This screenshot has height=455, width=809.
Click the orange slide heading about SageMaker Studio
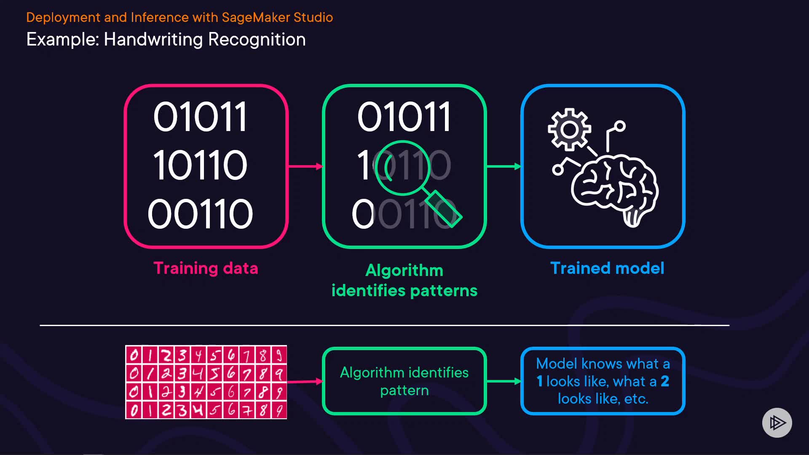pyautogui.click(x=179, y=17)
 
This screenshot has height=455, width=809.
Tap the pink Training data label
pyautogui.click(x=206, y=268)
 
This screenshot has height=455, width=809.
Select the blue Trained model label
pyautogui.click(x=607, y=268)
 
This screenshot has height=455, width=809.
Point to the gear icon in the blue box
pyautogui.click(x=569, y=129)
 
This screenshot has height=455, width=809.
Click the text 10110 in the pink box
pyautogui.click(x=200, y=165)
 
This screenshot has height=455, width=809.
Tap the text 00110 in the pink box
pyautogui.click(x=200, y=214)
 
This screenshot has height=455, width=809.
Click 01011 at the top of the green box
pyautogui.click(x=404, y=117)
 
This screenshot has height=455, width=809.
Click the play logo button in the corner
pyautogui.click(x=777, y=423)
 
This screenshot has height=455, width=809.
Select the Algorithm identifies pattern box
pyautogui.click(x=404, y=381)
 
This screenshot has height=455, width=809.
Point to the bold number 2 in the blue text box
pyautogui.click(x=665, y=381)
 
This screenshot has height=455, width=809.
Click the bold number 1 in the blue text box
pyautogui.click(x=539, y=381)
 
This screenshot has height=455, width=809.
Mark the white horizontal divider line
pyautogui.click(x=384, y=325)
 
